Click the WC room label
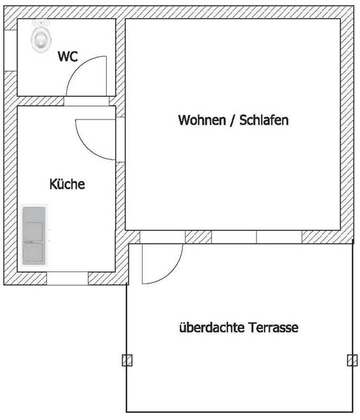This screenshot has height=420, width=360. tap(68, 56)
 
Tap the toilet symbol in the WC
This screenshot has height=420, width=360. tap(41, 36)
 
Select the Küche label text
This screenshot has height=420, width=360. tap(67, 184)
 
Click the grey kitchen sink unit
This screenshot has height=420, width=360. tap(34, 236)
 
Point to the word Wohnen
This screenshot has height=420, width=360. tap(202, 120)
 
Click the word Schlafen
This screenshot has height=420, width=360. tap(264, 120)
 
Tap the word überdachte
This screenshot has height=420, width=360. tap(211, 327)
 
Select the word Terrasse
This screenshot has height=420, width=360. tap(273, 327)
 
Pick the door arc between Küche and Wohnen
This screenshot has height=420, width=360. tap(86, 147)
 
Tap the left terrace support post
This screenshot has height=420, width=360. tap(127, 360)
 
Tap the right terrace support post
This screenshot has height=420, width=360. tap(352, 360)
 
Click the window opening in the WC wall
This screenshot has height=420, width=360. tap(11, 50)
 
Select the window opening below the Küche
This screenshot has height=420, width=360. tap(68, 279)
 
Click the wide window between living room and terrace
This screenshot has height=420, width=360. tap(257, 237)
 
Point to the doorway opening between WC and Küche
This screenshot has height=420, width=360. tap(86, 101)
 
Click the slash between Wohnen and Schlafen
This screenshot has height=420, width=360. tap(233, 120)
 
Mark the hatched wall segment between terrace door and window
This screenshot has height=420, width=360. tap(198, 237)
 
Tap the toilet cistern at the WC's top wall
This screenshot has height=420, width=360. tap(41, 23)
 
